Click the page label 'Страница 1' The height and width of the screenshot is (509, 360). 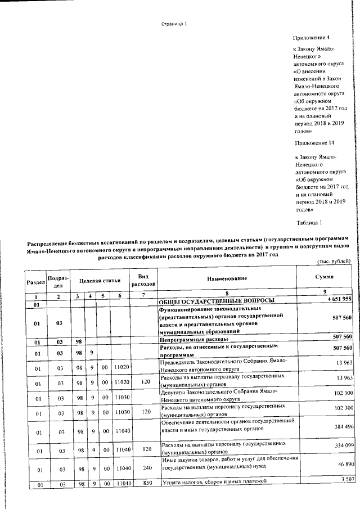[174, 24]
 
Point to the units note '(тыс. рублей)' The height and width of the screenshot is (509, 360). [335, 261]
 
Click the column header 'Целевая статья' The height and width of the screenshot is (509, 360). [100, 278]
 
